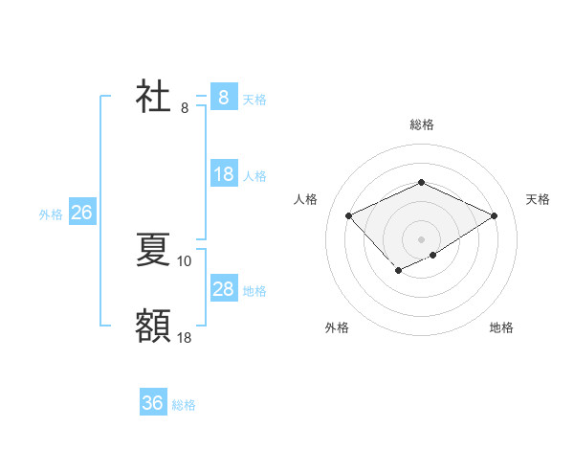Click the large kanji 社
click(x=154, y=98)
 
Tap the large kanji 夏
click(x=154, y=250)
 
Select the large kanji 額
click(x=154, y=326)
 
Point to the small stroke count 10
click(x=185, y=260)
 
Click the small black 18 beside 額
click(x=185, y=337)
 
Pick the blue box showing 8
click(x=223, y=98)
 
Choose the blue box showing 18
click(x=223, y=174)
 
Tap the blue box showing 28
click(x=223, y=289)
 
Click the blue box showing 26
click(x=81, y=213)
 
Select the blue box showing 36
click(x=153, y=403)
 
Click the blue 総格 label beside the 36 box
click(x=184, y=405)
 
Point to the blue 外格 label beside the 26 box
click(x=51, y=214)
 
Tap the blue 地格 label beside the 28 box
click(x=254, y=291)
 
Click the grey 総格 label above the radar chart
click(x=421, y=124)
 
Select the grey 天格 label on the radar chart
click(x=538, y=199)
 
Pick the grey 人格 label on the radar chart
click(x=305, y=199)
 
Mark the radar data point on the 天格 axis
click(x=494, y=216)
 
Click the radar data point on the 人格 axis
click(x=349, y=216)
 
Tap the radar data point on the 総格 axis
click(x=421, y=183)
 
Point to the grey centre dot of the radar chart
click(x=421, y=238)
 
